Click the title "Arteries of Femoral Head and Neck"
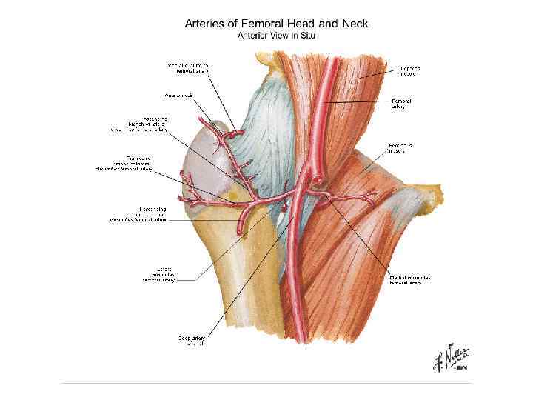point(276,23)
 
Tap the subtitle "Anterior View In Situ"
point(275,34)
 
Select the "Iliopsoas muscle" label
point(406,70)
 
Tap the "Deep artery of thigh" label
point(194,341)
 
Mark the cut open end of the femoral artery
point(316,178)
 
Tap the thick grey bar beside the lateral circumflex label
point(187,281)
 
